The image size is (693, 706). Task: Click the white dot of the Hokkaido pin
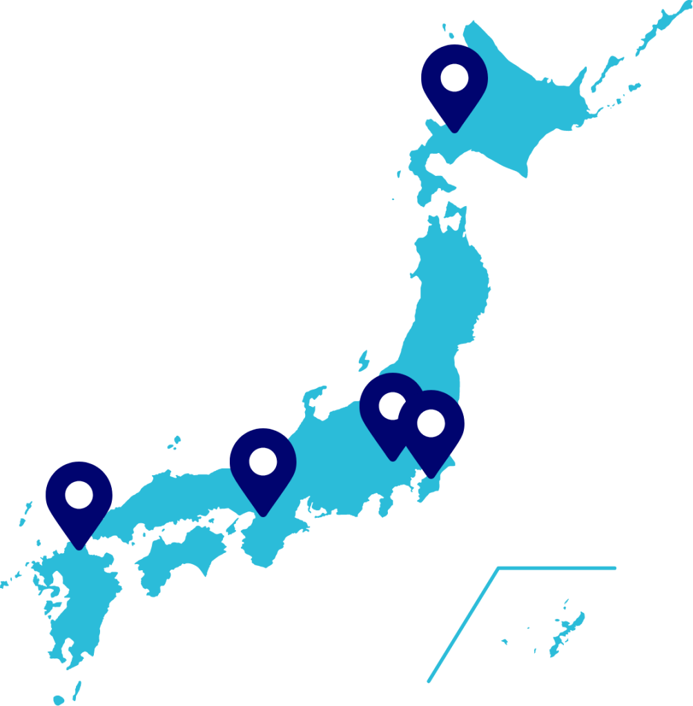(x=454, y=78)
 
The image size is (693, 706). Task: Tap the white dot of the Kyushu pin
(x=79, y=494)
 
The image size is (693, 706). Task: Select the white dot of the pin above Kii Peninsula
(x=262, y=461)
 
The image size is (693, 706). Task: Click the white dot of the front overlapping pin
(x=431, y=423)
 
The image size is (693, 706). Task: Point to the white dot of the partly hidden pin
(x=391, y=405)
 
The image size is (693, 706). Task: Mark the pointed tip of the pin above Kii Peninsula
(x=262, y=514)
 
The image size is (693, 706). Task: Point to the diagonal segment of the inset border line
(x=462, y=625)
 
